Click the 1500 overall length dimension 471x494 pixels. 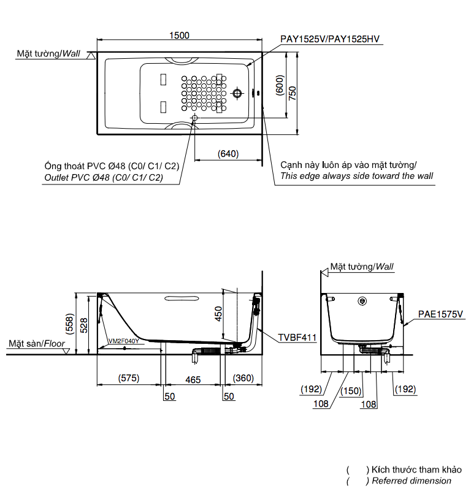pos(179,36)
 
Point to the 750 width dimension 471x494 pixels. pos(293,93)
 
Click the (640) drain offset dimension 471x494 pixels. pos(228,154)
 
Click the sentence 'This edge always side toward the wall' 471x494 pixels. pos(356,176)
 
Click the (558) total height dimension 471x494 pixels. pos(71,323)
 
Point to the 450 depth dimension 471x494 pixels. pos(218,314)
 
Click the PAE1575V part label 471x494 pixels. pos(440,314)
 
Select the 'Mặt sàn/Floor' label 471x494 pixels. pos(37,344)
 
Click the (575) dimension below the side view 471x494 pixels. pos(129,379)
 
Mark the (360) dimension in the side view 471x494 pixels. pos(243,379)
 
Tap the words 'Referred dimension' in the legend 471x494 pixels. pos(412,481)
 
